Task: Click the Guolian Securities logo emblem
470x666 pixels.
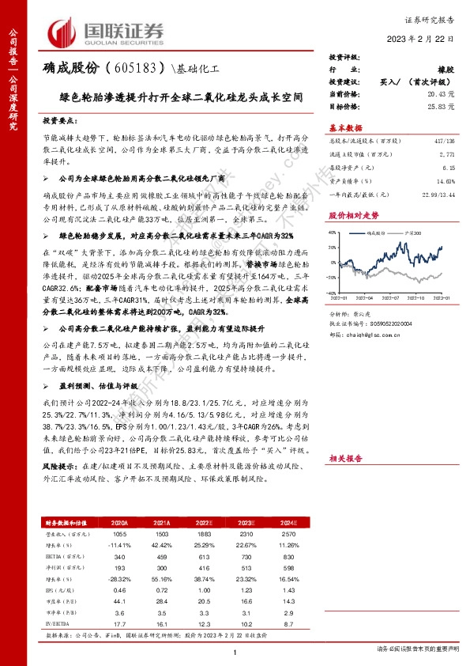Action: tap(66, 31)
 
